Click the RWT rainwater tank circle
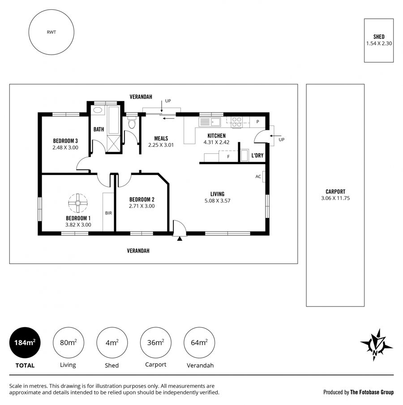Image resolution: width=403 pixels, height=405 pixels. (29, 32)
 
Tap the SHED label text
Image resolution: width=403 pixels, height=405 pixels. (379, 37)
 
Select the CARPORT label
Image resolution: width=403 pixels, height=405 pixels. (335, 192)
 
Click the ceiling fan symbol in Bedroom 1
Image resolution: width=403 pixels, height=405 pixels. (78, 203)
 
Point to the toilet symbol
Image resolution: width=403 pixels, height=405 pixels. (132, 123)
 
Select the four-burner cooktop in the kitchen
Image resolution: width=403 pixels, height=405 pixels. (236, 122)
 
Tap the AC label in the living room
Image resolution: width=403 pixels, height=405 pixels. (258, 177)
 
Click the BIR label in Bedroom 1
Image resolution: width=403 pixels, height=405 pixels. (108, 213)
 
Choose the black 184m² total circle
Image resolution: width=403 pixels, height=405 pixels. (25, 342)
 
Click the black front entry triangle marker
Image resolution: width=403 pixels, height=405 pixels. (180, 239)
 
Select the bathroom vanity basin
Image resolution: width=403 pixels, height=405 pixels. (98, 110)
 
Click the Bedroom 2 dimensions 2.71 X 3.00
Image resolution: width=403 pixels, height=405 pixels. (141, 206)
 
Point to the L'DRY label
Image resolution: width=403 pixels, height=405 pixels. (257, 155)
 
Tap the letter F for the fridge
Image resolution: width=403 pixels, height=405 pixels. (228, 157)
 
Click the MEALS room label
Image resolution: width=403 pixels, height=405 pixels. (161, 138)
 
